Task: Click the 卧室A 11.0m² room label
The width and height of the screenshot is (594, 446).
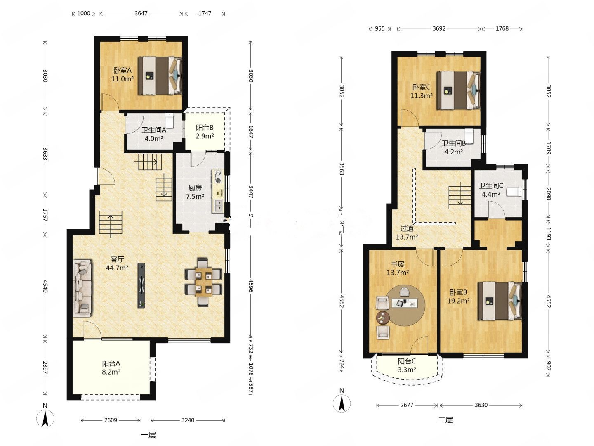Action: tap(123, 74)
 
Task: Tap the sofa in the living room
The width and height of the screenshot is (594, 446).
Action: tap(82, 288)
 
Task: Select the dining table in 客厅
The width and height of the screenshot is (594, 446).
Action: tap(203, 282)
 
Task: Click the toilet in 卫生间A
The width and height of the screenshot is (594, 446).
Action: tap(170, 120)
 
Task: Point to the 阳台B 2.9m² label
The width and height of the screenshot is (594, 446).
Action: tap(205, 132)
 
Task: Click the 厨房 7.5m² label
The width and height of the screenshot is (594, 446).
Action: tap(195, 192)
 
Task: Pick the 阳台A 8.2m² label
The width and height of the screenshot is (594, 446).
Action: tap(111, 368)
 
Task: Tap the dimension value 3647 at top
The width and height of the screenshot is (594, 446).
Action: tap(141, 13)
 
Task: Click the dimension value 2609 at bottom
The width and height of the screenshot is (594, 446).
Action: tap(111, 420)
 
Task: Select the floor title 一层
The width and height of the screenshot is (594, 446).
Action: tap(148, 435)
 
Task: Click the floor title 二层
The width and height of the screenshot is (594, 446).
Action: tap(445, 420)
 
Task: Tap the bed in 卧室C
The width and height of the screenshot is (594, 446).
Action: tap(458, 90)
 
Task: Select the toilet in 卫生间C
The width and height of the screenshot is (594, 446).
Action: tap(514, 192)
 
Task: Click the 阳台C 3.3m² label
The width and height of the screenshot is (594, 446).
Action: tap(407, 365)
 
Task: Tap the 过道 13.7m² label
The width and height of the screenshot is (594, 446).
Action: tap(407, 232)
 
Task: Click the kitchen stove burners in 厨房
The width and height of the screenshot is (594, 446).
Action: tap(218, 176)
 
